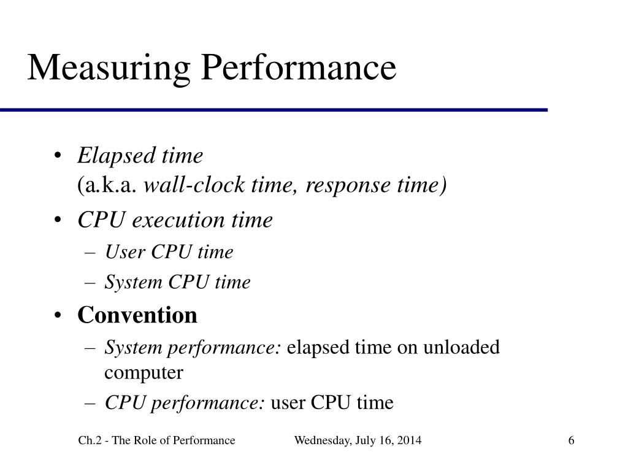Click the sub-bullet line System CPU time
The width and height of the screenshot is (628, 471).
(x=178, y=283)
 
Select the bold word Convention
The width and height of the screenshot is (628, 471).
(x=137, y=315)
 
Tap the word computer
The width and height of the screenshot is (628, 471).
(x=144, y=372)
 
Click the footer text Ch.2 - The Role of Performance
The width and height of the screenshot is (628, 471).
(x=156, y=441)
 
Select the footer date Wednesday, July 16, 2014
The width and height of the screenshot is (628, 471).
(x=358, y=441)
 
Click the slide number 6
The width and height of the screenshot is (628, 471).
(x=571, y=441)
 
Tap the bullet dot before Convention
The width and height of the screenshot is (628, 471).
(x=58, y=315)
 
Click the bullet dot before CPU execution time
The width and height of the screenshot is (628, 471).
(x=58, y=220)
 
